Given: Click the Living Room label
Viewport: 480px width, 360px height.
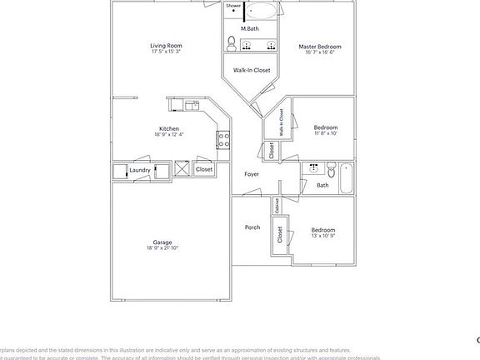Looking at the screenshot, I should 166,46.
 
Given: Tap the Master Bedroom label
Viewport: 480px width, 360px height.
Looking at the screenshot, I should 320,47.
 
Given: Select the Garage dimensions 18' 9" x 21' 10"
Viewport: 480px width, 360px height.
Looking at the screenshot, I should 162,248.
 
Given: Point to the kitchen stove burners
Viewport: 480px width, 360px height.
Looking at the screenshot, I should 223,139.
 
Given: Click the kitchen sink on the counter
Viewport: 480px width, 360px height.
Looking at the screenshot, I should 191,104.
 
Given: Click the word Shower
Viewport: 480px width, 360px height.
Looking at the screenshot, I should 233,6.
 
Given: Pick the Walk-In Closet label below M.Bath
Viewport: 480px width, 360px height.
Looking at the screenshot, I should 251,70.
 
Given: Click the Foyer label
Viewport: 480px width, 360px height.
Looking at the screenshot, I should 251,174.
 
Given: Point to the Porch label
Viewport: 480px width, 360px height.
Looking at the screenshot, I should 252,227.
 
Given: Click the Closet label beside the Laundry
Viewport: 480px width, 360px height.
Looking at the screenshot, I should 204,169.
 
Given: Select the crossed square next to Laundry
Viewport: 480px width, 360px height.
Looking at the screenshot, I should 182,169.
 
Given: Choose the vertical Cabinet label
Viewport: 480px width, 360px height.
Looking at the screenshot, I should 276,207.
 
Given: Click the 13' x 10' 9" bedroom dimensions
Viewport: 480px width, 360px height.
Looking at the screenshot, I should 323,236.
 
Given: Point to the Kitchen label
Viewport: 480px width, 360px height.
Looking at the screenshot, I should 169,128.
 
